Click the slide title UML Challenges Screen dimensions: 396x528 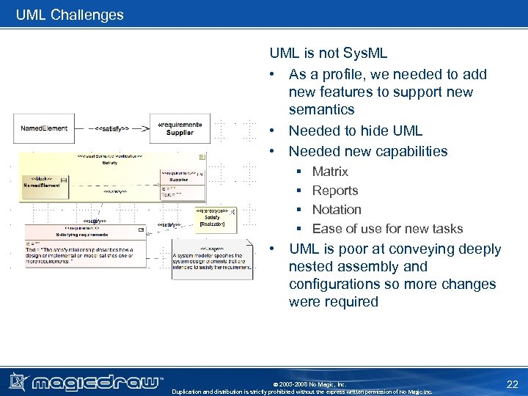[x=70, y=15]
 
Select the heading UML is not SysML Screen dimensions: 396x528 [x=328, y=54]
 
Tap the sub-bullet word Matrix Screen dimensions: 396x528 [x=330, y=172]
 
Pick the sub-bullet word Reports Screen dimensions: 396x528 [x=335, y=191]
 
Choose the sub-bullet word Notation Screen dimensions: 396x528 [x=337, y=210]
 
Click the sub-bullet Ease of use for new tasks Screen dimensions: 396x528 [x=387, y=229]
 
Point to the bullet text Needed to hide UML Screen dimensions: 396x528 [x=355, y=131]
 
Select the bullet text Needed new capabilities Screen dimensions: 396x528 [x=367, y=151]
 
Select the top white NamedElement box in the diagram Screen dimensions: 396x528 [x=44, y=128]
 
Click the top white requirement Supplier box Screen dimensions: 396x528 [x=180, y=128]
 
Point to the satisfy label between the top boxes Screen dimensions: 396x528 [x=111, y=128]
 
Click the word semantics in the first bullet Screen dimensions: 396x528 [x=321, y=110]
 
